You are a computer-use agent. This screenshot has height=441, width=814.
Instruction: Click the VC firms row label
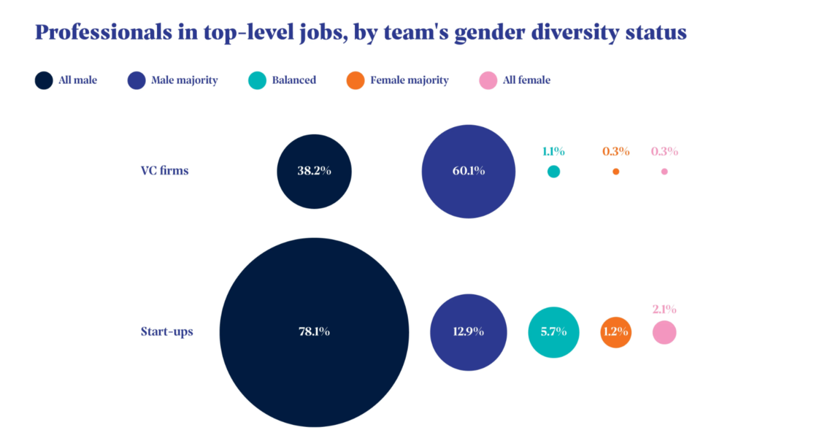(164, 170)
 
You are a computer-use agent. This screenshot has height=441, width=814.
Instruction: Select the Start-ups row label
(166, 332)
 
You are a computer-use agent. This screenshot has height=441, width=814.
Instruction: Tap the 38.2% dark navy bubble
(314, 171)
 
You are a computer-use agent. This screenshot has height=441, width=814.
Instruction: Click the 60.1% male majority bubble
(468, 171)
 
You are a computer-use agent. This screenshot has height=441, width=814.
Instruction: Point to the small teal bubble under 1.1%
(553, 171)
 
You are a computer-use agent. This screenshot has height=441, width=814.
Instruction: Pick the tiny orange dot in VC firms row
(616, 171)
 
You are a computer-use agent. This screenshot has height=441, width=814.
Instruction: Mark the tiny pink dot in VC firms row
(664, 171)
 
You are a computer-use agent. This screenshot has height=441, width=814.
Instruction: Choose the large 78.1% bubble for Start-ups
(314, 332)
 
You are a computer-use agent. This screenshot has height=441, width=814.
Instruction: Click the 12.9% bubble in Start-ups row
(468, 332)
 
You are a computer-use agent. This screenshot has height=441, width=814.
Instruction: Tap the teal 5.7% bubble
(553, 332)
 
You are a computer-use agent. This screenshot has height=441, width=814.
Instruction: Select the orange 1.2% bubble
(616, 332)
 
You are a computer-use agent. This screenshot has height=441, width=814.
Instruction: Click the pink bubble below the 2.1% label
(664, 332)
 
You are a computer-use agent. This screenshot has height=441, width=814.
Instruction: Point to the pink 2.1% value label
(664, 309)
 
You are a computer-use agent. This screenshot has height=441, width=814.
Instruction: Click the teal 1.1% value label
(553, 151)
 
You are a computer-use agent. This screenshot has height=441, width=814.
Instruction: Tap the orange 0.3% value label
(616, 151)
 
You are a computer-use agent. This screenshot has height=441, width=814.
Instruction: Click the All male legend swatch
(44, 80)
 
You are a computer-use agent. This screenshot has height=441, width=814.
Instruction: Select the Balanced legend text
(294, 80)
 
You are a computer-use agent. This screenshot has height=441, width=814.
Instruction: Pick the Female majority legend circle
(355, 80)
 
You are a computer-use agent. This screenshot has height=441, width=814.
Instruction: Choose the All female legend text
(526, 80)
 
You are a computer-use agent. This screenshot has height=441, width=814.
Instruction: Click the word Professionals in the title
(103, 32)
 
